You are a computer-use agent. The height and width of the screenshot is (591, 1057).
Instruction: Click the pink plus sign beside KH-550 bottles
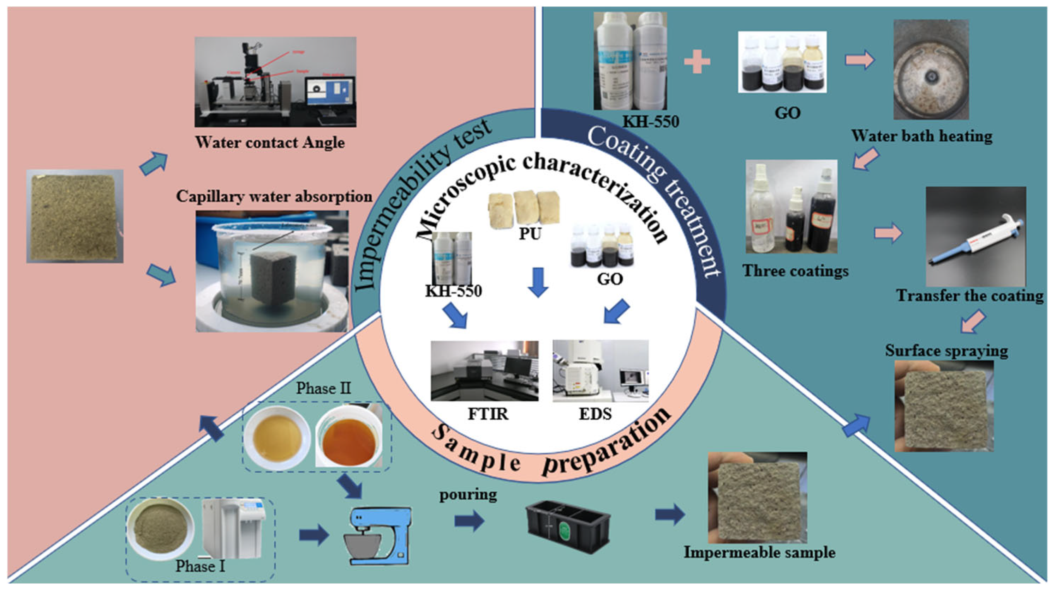click(697, 61)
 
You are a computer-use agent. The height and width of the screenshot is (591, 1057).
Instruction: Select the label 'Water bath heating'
click(921, 136)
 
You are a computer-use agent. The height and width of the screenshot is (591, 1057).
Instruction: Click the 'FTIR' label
click(488, 414)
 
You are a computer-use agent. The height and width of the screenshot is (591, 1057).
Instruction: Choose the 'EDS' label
click(595, 414)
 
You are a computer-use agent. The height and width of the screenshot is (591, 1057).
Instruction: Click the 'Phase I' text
click(200, 566)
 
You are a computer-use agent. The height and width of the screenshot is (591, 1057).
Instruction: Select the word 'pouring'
click(468, 495)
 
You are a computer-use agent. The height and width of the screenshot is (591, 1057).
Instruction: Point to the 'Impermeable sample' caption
click(759, 552)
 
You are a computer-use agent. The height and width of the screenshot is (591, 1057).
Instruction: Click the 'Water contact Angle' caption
click(270, 142)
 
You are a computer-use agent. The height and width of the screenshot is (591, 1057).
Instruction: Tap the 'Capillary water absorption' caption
click(274, 196)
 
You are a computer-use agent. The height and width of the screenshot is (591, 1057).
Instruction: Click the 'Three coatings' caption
click(795, 271)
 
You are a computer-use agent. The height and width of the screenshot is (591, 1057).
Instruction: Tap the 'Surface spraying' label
click(946, 351)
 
